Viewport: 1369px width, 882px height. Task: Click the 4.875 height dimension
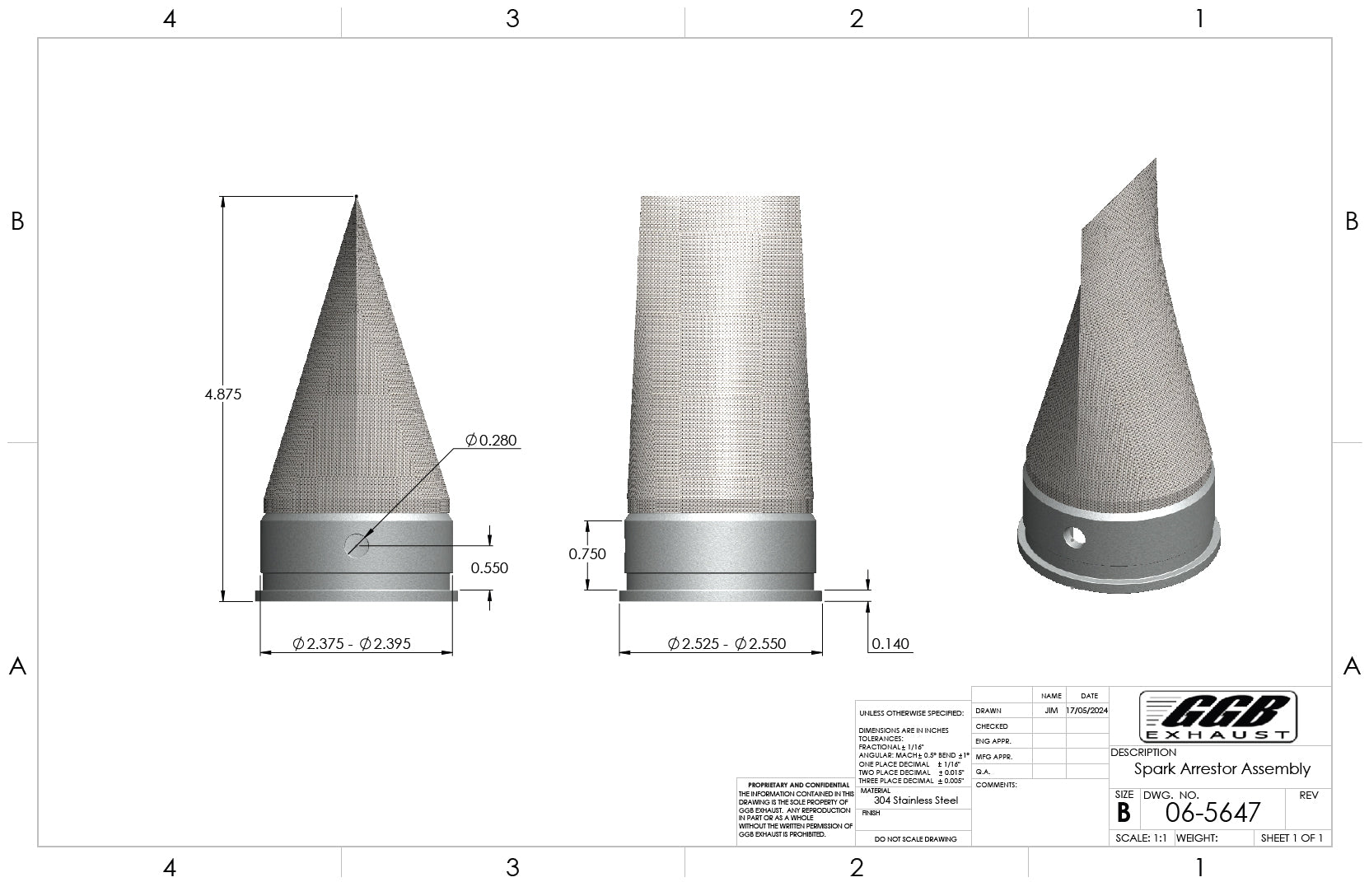pos(222,394)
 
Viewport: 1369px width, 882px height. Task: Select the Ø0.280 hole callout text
pos(492,441)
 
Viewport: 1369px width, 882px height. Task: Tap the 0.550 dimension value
pos(489,568)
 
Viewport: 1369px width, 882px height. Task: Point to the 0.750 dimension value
pos(587,554)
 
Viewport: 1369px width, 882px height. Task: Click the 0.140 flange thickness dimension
pos(890,644)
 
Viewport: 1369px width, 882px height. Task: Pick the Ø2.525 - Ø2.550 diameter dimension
pos(720,644)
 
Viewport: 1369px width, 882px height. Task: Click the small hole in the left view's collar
pos(357,544)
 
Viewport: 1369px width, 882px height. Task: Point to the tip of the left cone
pos(357,197)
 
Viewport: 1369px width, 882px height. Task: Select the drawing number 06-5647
pos(1212,813)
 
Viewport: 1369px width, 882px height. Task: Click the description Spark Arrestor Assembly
pos(1222,769)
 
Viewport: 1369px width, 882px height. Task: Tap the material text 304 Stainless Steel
pos(916,800)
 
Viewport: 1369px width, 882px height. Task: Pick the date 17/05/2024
pos(1086,710)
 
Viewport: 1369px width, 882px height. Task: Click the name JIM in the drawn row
pos(1050,710)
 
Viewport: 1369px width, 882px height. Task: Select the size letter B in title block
pos(1124,813)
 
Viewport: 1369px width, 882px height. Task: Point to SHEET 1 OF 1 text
pos(1292,838)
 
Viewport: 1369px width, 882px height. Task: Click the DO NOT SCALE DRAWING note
pos(915,839)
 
